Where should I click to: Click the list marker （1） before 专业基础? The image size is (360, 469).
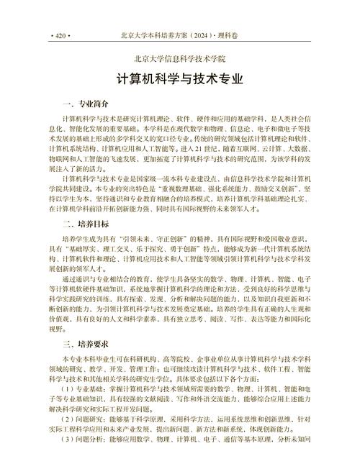pos(70,388)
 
